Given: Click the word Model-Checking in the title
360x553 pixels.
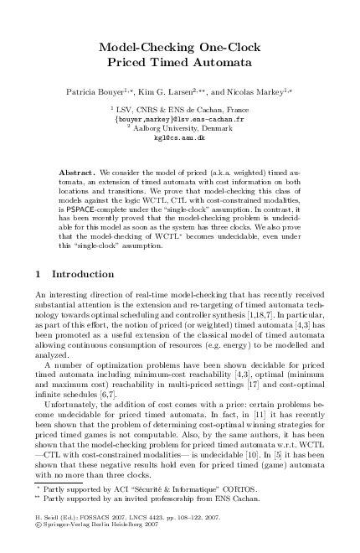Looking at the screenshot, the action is [x=144, y=48].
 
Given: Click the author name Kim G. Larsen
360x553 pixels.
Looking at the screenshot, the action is [x=178, y=88].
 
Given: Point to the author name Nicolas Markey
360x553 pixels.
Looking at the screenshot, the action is [x=256, y=88].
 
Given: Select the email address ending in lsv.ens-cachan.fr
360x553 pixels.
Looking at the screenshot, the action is [x=178, y=119].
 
